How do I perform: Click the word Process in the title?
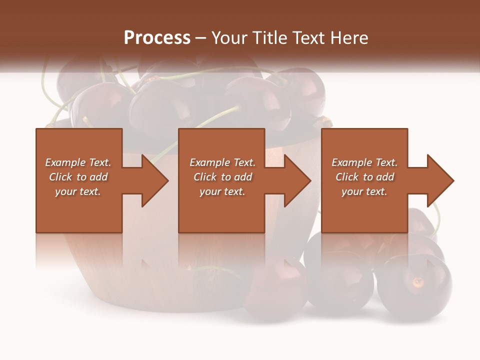(157, 38)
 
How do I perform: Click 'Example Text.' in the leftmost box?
(78, 162)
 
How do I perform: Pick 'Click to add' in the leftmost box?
(78, 177)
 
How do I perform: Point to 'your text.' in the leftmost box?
(78, 191)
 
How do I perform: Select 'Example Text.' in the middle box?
(222, 162)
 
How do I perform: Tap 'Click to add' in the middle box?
(222, 177)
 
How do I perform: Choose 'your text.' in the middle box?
(222, 191)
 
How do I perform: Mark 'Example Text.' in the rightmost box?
(364, 162)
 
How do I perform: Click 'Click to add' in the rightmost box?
(364, 177)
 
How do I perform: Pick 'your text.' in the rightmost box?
(364, 191)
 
